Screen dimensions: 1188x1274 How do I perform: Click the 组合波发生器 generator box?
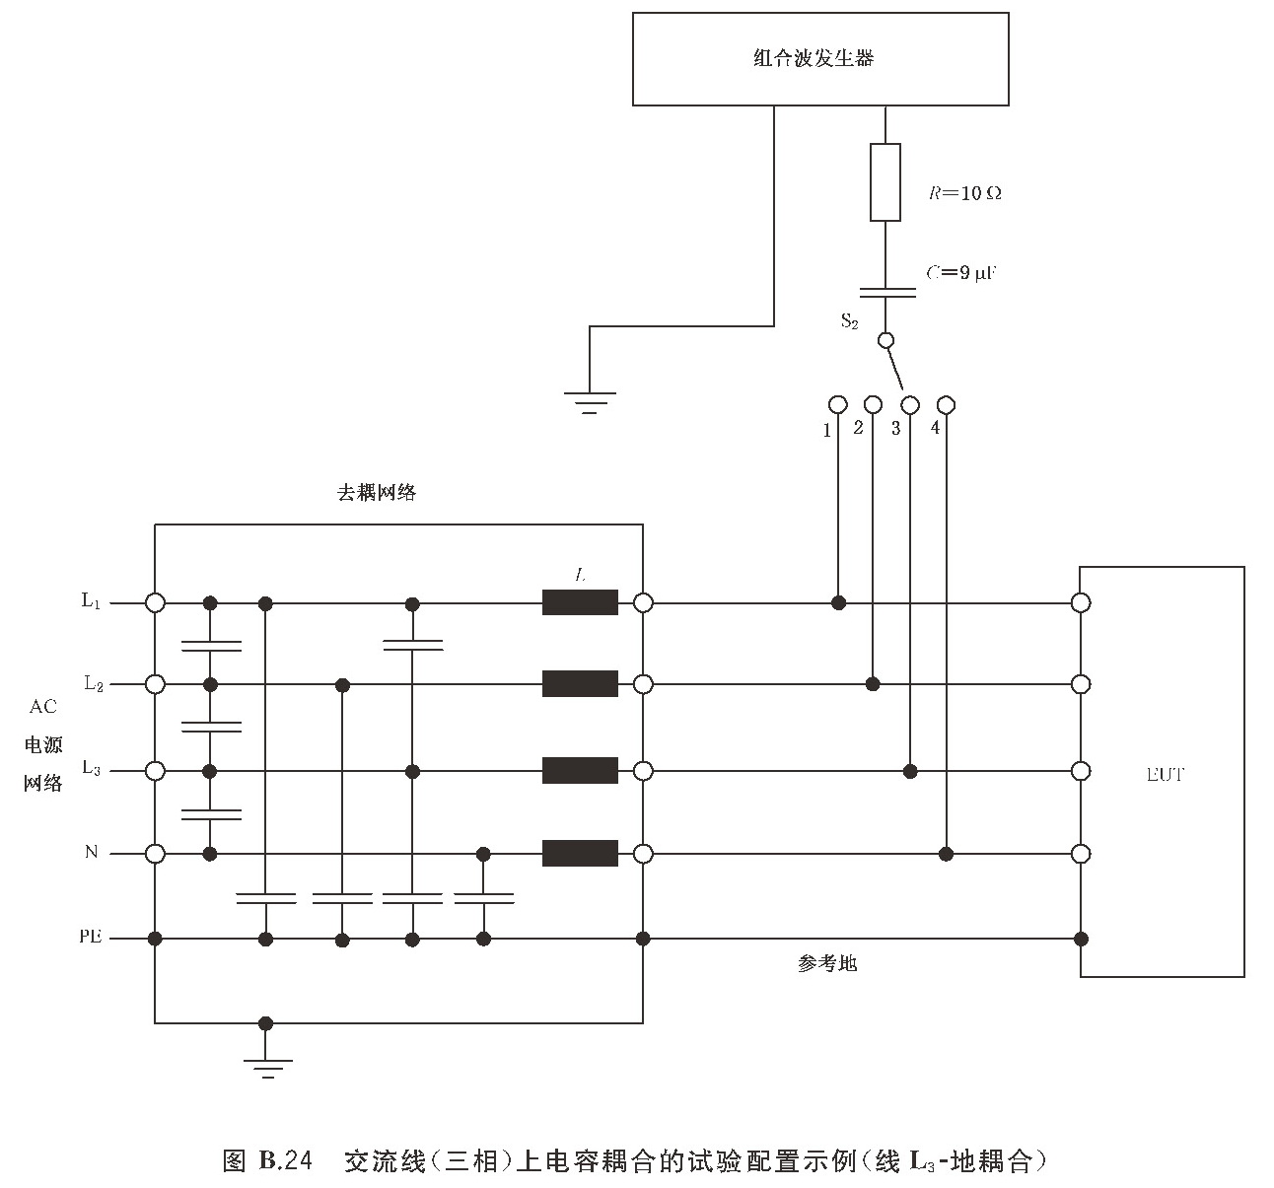(x=819, y=59)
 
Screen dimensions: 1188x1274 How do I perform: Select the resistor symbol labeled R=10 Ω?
(x=885, y=182)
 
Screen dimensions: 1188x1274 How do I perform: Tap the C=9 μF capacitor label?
(x=961, y=273)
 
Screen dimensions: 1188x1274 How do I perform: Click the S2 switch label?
(x=849, y=320)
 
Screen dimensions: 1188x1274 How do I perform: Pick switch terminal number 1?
(x=837, y=404)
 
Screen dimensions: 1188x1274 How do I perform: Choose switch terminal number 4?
(x=946, y=404)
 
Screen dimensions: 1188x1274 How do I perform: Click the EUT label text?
(x=1165, y=774)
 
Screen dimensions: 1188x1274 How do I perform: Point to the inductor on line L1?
(x=580, y=602)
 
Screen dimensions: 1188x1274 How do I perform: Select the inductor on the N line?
(x=580, y=853)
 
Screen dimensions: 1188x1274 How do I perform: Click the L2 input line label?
(x=93, y=683)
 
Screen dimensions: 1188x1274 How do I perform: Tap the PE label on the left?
(x=91, y=938)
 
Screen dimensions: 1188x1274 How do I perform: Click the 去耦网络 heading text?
(x=377, y=493)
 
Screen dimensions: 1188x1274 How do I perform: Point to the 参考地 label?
(x=827, y=963)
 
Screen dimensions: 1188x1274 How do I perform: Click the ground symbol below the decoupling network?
(x=265, y=1066)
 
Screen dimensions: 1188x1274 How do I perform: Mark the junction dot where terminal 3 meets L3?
(x=911, y=769)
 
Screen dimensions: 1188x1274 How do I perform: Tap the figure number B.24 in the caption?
(x=285, y=1160)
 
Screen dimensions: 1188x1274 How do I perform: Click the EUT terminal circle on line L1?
(x=1081, y=602)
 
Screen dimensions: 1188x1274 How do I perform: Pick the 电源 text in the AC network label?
(x=43, y=744)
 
